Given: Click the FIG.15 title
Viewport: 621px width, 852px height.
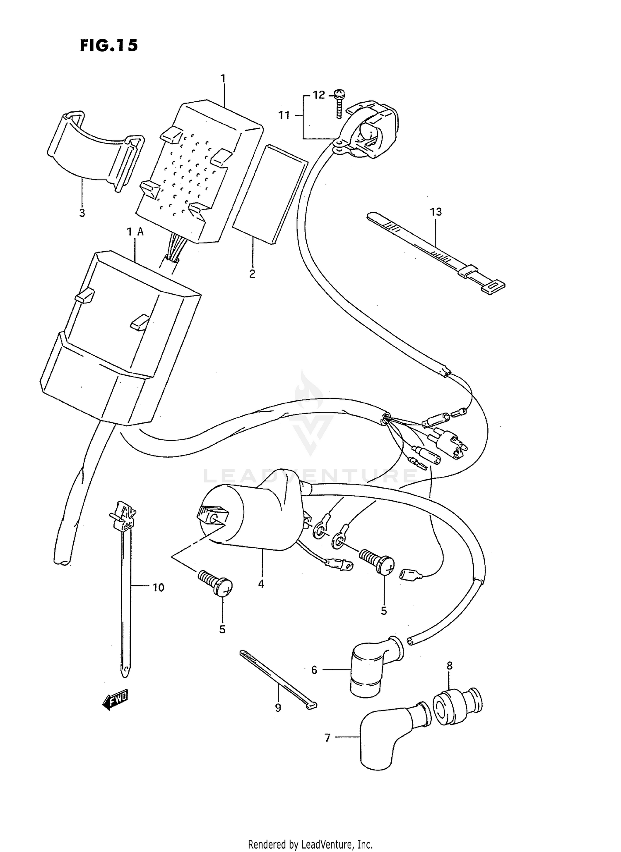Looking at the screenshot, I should [x=108, y=46].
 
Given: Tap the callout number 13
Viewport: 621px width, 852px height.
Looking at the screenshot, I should [x=436, y=212].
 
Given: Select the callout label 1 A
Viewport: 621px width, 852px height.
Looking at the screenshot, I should [x=135, y=232].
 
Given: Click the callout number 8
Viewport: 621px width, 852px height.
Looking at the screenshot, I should [x=450, y=666].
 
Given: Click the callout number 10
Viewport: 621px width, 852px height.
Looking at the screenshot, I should [x=158, y=587].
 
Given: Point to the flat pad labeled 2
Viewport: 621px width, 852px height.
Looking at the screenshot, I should [x=270, y=194].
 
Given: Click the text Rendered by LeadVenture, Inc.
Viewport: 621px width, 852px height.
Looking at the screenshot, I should [x=310, y=844].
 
